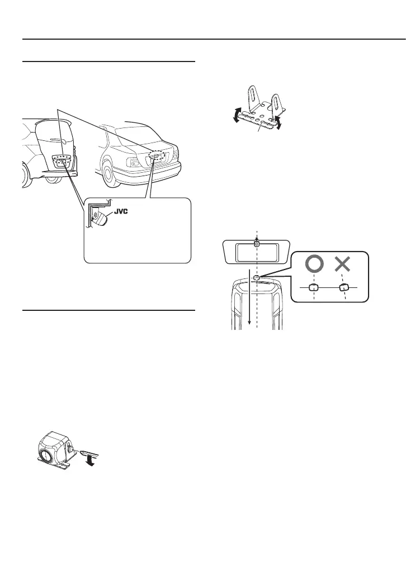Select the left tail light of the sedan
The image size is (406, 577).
(x=135, y=162)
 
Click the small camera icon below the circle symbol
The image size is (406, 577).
(x=313, y=287)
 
